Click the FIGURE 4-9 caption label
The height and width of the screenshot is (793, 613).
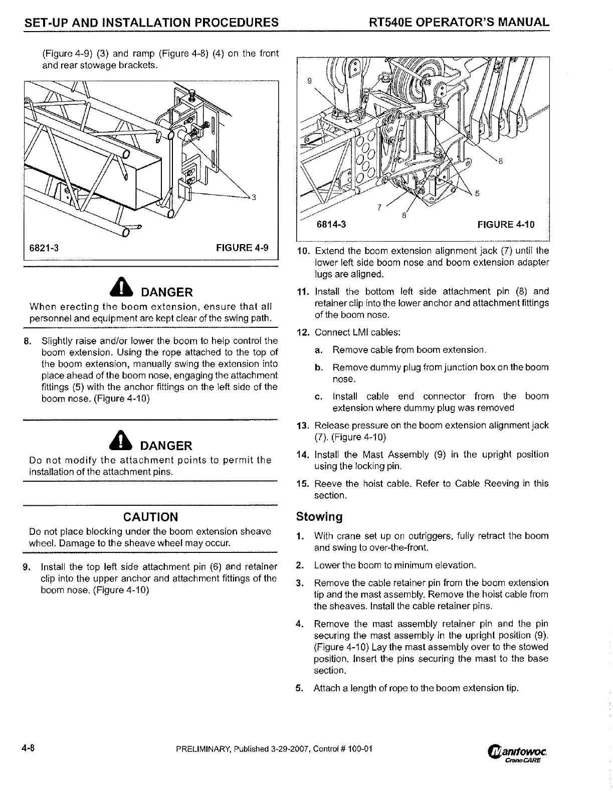[x=242, y=248]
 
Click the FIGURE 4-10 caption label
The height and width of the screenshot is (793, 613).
[x=506, y=225]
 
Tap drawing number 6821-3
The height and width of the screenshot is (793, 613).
[x=45, y=248]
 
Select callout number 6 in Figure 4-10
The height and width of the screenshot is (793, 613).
[x=500, y=161]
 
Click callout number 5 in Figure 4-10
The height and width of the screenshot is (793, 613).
[x=477, y=195]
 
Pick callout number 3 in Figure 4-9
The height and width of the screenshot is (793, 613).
[x=254, y=197]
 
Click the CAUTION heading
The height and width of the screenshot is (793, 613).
[x=150, y=517]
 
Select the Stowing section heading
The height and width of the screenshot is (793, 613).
[x=319, y=516]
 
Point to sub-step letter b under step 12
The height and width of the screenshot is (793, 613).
[x=318, y=367]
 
